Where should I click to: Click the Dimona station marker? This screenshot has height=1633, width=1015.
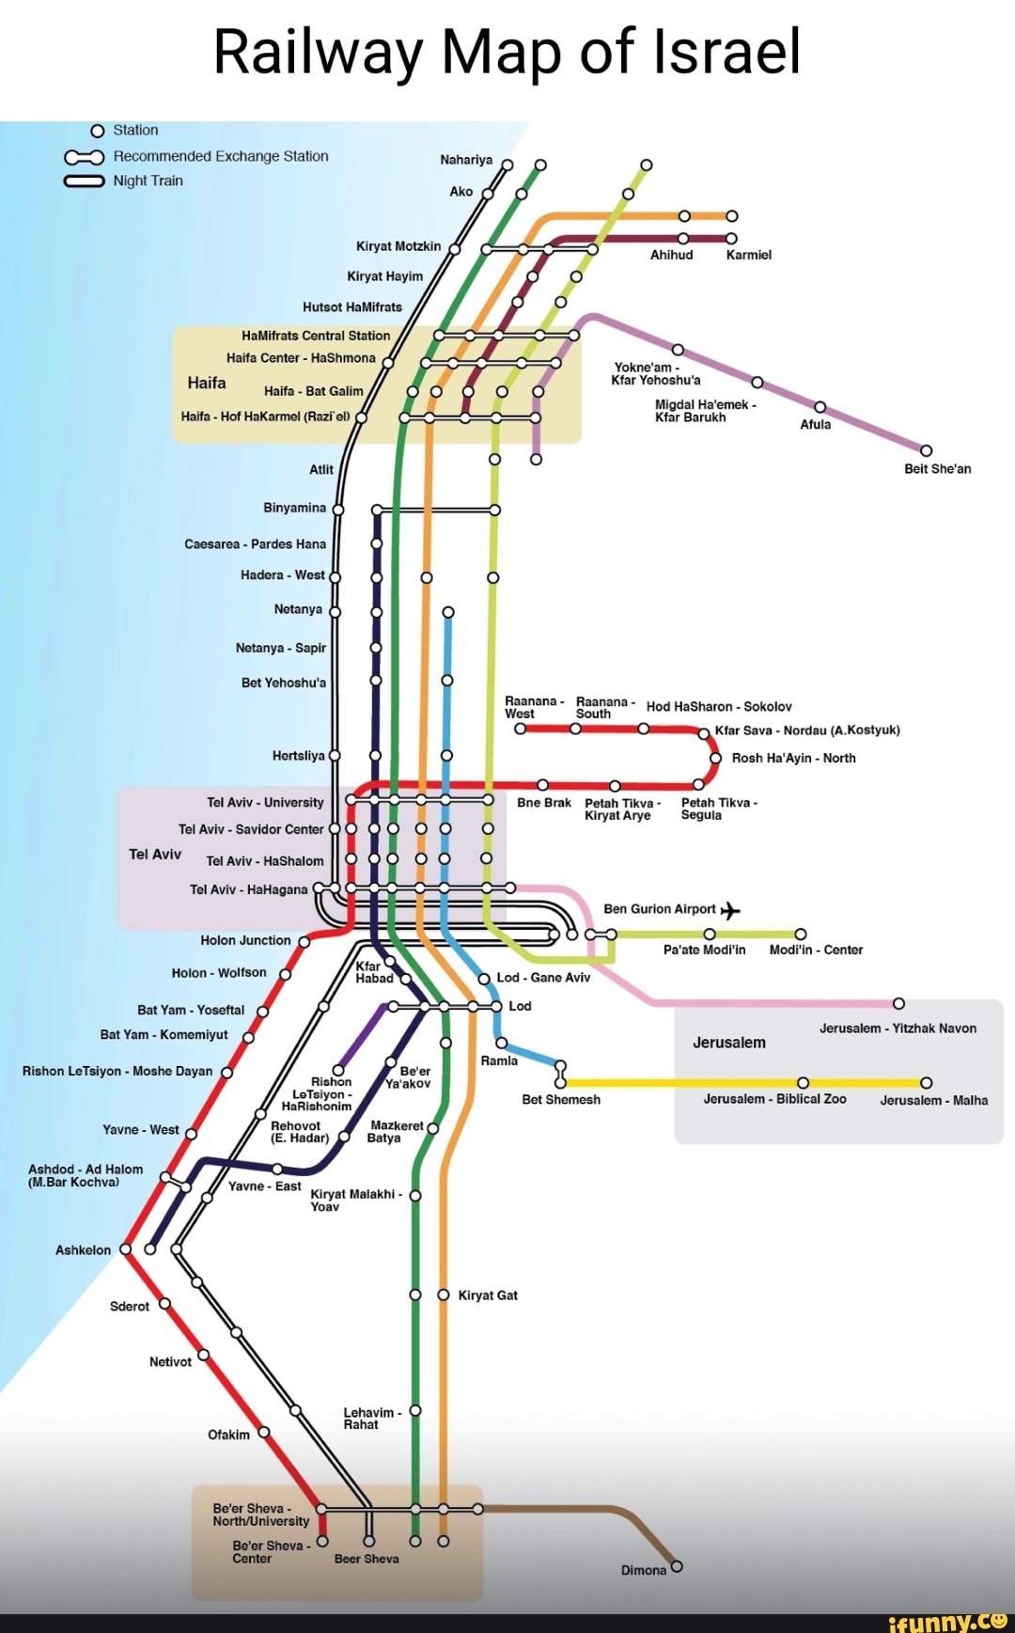[x=677, y=1566]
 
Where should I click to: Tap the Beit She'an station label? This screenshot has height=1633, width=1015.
[x=937, y=468]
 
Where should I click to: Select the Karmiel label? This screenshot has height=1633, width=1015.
[x=748, y=255]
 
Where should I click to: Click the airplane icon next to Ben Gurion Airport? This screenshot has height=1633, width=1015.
[x=730, y=910]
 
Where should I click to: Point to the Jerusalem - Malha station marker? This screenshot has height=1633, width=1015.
[x=926, y=1082]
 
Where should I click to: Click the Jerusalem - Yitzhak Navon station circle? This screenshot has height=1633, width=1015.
[x=898, y=1004]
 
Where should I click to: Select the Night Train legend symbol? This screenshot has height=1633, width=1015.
[x=84, y=181]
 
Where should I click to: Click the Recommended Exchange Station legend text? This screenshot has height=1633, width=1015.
[x=221, y=156]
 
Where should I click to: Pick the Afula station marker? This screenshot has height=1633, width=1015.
[x=820, y=406]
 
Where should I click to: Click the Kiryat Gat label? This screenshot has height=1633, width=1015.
[x=488, y=1295]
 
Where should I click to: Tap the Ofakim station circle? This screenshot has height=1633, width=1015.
[x=264, y=1432]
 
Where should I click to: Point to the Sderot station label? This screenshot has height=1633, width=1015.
[x=130, y=1306]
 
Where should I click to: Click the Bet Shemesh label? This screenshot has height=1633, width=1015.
[x=561, y=1099]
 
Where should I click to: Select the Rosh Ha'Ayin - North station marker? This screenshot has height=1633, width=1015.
[x=715, y=758]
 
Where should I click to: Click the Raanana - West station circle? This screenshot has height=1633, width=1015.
[x=520, y=729]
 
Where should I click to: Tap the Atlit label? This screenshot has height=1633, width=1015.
[x=321, y=469]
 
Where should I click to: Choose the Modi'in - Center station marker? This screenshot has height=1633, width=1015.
[x=801, y=934]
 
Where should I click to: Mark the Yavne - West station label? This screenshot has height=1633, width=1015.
[x=141, y=1129]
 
